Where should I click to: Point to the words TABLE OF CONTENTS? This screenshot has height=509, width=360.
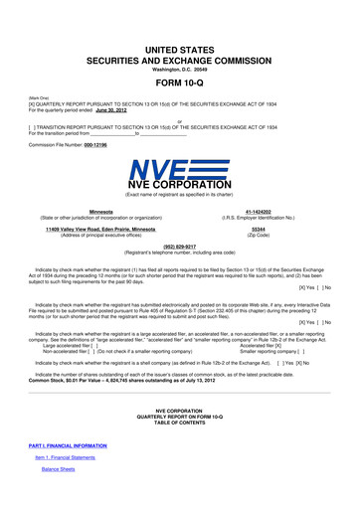click(x=180, y=424)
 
